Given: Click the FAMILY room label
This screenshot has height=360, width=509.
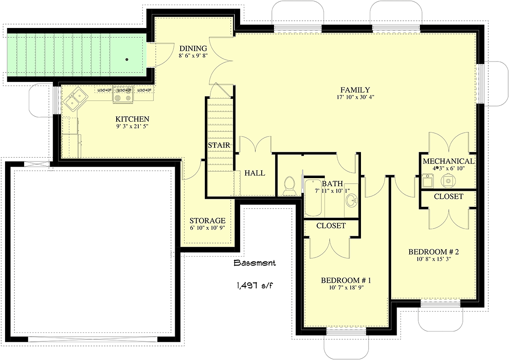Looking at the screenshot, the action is pyautogui.click(x=355, y=90).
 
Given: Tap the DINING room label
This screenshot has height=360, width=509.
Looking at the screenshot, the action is pyautogui.click(x=193, y=48).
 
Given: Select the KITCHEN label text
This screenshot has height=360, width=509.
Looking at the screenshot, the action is pyautogui.click(x=132, y=119).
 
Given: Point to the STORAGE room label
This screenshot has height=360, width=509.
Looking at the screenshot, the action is pyautogui.click(x=207, y=220).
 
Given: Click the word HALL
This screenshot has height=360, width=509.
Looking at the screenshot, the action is pyautogui.click(x=255, y=173).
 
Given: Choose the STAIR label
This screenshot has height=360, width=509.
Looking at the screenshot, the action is pyautogui.click(x=219, y=145).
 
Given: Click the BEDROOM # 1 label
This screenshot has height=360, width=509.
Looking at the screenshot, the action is pyautogui.click(x=346, y=280).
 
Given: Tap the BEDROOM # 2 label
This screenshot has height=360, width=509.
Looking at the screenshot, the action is pyautogui.click(x=433, y=251).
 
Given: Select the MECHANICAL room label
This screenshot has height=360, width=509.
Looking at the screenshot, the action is pyautogui.click(x=449, y=161).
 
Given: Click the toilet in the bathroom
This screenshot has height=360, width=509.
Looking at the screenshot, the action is pyautogui.click(x=289, y=186).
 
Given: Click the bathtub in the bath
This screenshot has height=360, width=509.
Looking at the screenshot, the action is pyautogui.click(x=313, y=198).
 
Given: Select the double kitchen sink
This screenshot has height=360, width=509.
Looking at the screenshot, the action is pyautogui.click(x=76, y=99).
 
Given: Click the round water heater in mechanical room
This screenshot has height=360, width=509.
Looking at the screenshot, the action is pyautogui.click(x=448, y=181).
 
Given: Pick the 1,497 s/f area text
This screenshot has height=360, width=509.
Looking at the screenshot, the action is pyautogui.click(x=255, y=285).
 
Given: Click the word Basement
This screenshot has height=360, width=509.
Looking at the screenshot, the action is pyautogui.click(x=255, y=263).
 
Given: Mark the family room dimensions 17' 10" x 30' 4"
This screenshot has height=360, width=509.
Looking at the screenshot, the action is pyautogui.click(x=355, y=97).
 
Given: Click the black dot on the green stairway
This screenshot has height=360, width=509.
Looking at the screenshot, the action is pyautogui.click(x=127, y=59).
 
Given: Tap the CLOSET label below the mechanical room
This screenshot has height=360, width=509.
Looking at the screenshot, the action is pyautogui.click(x=449, y=196).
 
